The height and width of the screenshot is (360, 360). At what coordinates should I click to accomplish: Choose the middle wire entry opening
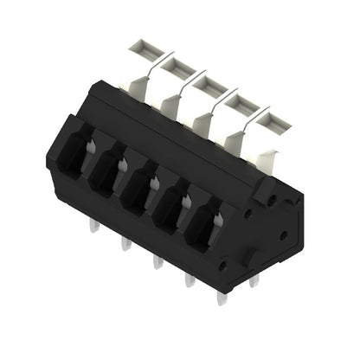[x=139, y=188]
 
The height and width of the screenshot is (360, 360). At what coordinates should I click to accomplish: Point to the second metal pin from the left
[x=126, y=243]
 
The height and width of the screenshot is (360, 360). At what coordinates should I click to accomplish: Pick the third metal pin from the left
[x=157, y=260]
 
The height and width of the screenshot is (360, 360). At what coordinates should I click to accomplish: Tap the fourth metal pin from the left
[x=190, y=281]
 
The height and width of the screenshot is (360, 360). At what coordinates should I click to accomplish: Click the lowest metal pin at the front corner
[x=222, y=298]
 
